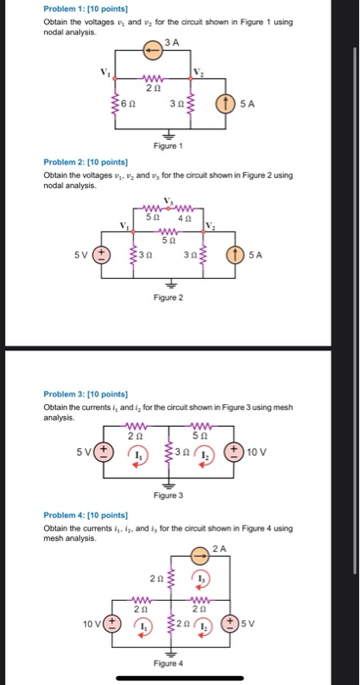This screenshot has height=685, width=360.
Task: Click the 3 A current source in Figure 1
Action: click(x=153, y=48)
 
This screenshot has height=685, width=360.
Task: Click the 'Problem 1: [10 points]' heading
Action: click(x=83, y=8)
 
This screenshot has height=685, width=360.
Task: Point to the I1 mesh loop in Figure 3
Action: click(x=141, y=457)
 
